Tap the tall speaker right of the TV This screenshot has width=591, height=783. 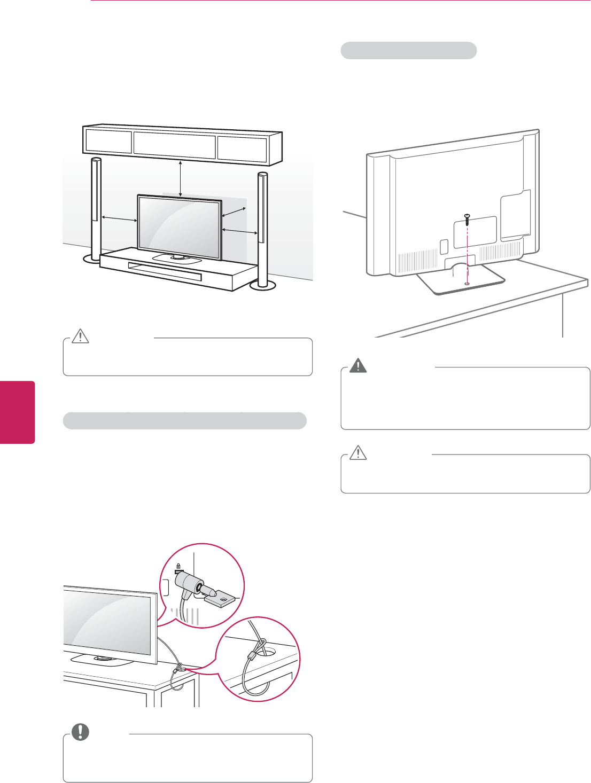point(262,224)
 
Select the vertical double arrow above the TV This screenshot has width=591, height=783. point(181,178)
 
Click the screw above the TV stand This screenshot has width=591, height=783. point(467,218)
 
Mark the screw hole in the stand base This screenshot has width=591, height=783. point(467,283)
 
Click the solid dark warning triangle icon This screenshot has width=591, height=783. point(358,365)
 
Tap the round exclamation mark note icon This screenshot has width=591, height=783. point(80,732)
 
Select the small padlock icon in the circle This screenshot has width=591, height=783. point(178,567)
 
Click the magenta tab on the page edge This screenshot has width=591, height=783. point(17,412)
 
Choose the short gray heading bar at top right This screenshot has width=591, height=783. point(408,51)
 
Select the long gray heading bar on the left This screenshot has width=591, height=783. point(184,421)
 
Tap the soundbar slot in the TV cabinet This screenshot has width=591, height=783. point(165,271)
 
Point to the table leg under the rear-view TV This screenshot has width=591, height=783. point(563,315)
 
